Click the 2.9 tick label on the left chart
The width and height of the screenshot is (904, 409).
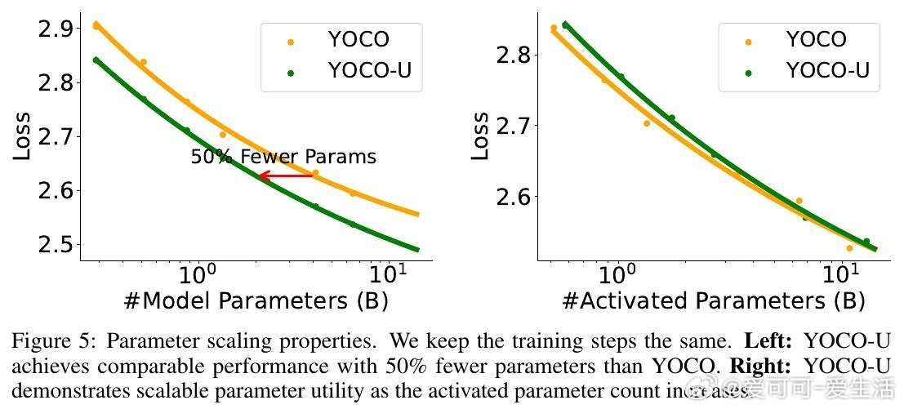(54, 29)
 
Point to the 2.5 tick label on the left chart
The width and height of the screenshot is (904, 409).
(54, 244)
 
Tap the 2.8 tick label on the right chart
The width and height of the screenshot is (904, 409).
(512, 56)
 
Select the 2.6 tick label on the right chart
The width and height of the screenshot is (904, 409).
(512, 197)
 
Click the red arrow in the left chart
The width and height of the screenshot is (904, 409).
(287, 175)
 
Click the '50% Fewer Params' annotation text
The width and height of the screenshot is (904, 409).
(283, 157)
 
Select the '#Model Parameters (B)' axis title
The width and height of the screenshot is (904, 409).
(256, 301)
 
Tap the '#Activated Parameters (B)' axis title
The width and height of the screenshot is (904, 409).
(713, 301)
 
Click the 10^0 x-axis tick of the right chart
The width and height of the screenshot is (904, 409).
(617, 273)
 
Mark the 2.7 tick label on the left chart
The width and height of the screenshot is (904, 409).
(54, 136)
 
